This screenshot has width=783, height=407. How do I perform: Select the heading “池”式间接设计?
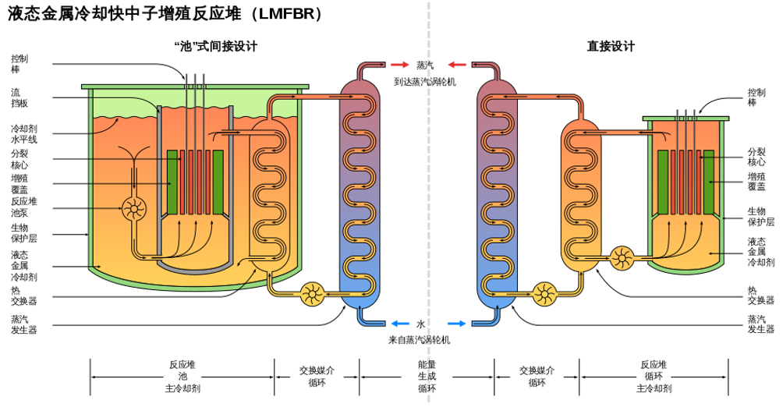(216, 47)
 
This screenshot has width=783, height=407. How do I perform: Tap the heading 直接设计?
(610, 47)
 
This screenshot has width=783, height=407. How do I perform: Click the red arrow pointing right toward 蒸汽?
(399, 65)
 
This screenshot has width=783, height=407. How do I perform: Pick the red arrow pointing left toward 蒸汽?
(457, 65)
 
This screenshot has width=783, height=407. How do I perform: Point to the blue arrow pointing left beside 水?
(401, 324)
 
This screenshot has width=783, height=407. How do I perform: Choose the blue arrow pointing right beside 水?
(456, 324)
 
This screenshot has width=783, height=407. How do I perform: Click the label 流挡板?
(19, 98)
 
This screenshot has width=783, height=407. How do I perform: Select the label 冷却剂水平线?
(24, 134)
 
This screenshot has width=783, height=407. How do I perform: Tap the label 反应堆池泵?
(24, 207)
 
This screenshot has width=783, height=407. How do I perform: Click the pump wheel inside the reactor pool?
(134, 209)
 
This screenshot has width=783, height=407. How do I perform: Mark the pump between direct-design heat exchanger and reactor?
(622, 258)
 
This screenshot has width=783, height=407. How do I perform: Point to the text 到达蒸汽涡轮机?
(425, 81)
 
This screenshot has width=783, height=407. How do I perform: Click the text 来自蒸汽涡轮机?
(420, 340)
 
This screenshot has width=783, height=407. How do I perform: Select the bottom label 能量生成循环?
(427, 377)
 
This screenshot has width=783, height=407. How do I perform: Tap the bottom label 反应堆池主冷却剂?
(182, 377)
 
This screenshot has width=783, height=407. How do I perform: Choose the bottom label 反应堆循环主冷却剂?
(654, 377)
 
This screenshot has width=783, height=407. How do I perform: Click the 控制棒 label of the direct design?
(756, 97)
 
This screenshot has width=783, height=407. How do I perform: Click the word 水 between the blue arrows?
(421, 324)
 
